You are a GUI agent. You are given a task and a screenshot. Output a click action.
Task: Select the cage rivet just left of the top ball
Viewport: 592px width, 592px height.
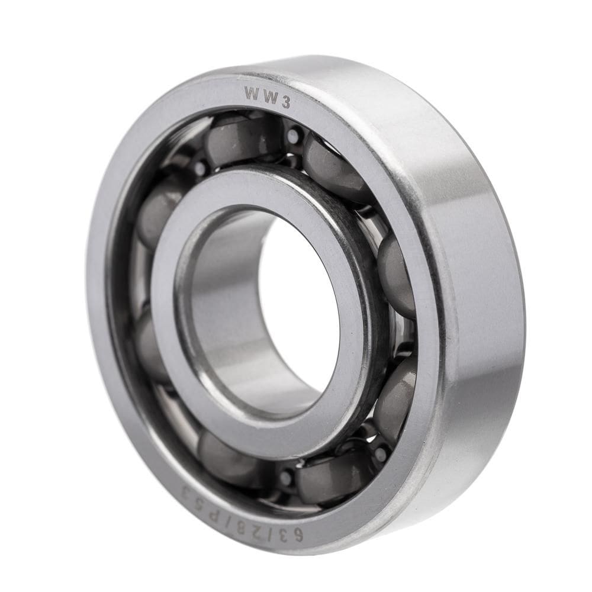tap(200, 168)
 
